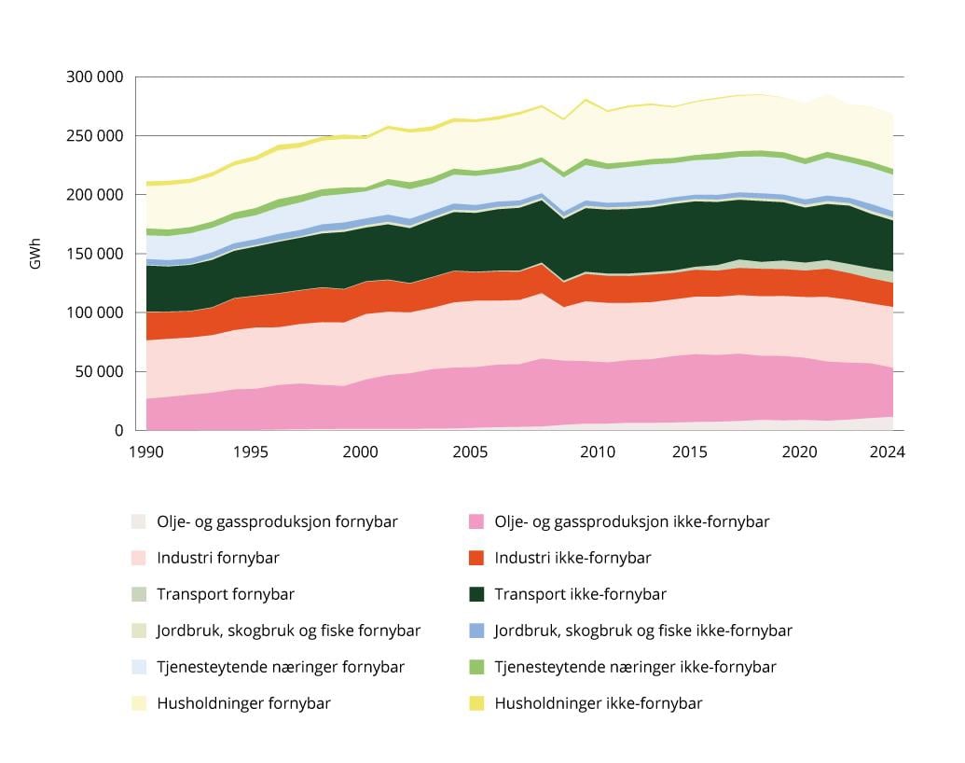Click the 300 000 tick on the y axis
click(x=95, y=76)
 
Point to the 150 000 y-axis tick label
click(x=95, y=254)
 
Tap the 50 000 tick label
click(x=99, y=371)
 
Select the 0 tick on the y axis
click(x=117, y=431)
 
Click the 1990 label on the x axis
click(x=146, y=452)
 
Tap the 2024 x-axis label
click(x=888, y=452)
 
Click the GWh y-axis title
click(x=35, y=255)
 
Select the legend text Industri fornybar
click(x=218, y=558)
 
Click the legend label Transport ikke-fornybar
click(x=580, y=594)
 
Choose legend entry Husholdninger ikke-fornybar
click(x=599, y=703)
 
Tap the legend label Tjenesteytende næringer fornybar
click(x=281, y=667)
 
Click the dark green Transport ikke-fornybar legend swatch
click(x=476, y=594)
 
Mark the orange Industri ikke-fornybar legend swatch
click(x=476, y=558)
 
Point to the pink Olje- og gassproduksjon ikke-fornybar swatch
click(x=476, y=521)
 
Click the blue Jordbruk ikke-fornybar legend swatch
click(x=476, y=631)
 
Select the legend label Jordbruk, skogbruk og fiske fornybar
click(x=288, y=631)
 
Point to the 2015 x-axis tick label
click(x=691, y=452)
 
